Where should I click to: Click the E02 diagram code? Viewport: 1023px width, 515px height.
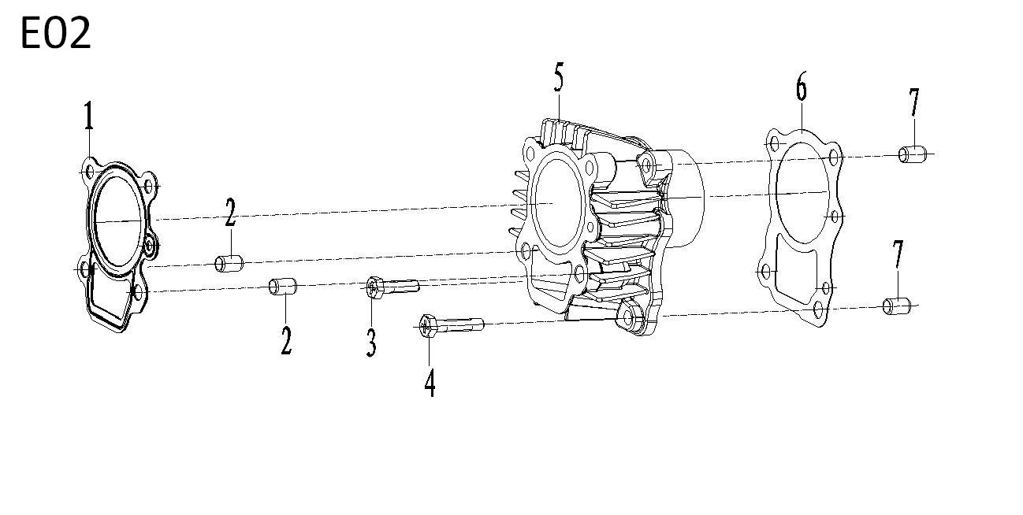55,34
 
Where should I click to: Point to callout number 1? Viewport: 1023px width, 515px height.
89,119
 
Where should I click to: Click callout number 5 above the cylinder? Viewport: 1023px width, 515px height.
559,80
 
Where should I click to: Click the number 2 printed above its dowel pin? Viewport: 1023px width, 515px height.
230,213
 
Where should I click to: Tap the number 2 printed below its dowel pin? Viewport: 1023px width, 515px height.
286,339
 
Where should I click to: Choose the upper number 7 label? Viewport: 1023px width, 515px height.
913,103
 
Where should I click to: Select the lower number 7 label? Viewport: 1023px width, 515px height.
898,256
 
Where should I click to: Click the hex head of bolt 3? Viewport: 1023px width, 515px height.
374,289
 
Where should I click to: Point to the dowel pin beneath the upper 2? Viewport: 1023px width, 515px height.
229,262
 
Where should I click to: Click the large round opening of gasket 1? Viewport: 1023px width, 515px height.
117,220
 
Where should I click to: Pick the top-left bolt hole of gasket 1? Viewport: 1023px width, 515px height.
89,170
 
